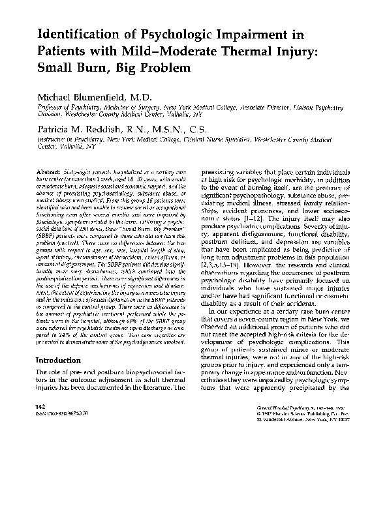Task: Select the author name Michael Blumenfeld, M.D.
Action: tap(95, 96)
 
